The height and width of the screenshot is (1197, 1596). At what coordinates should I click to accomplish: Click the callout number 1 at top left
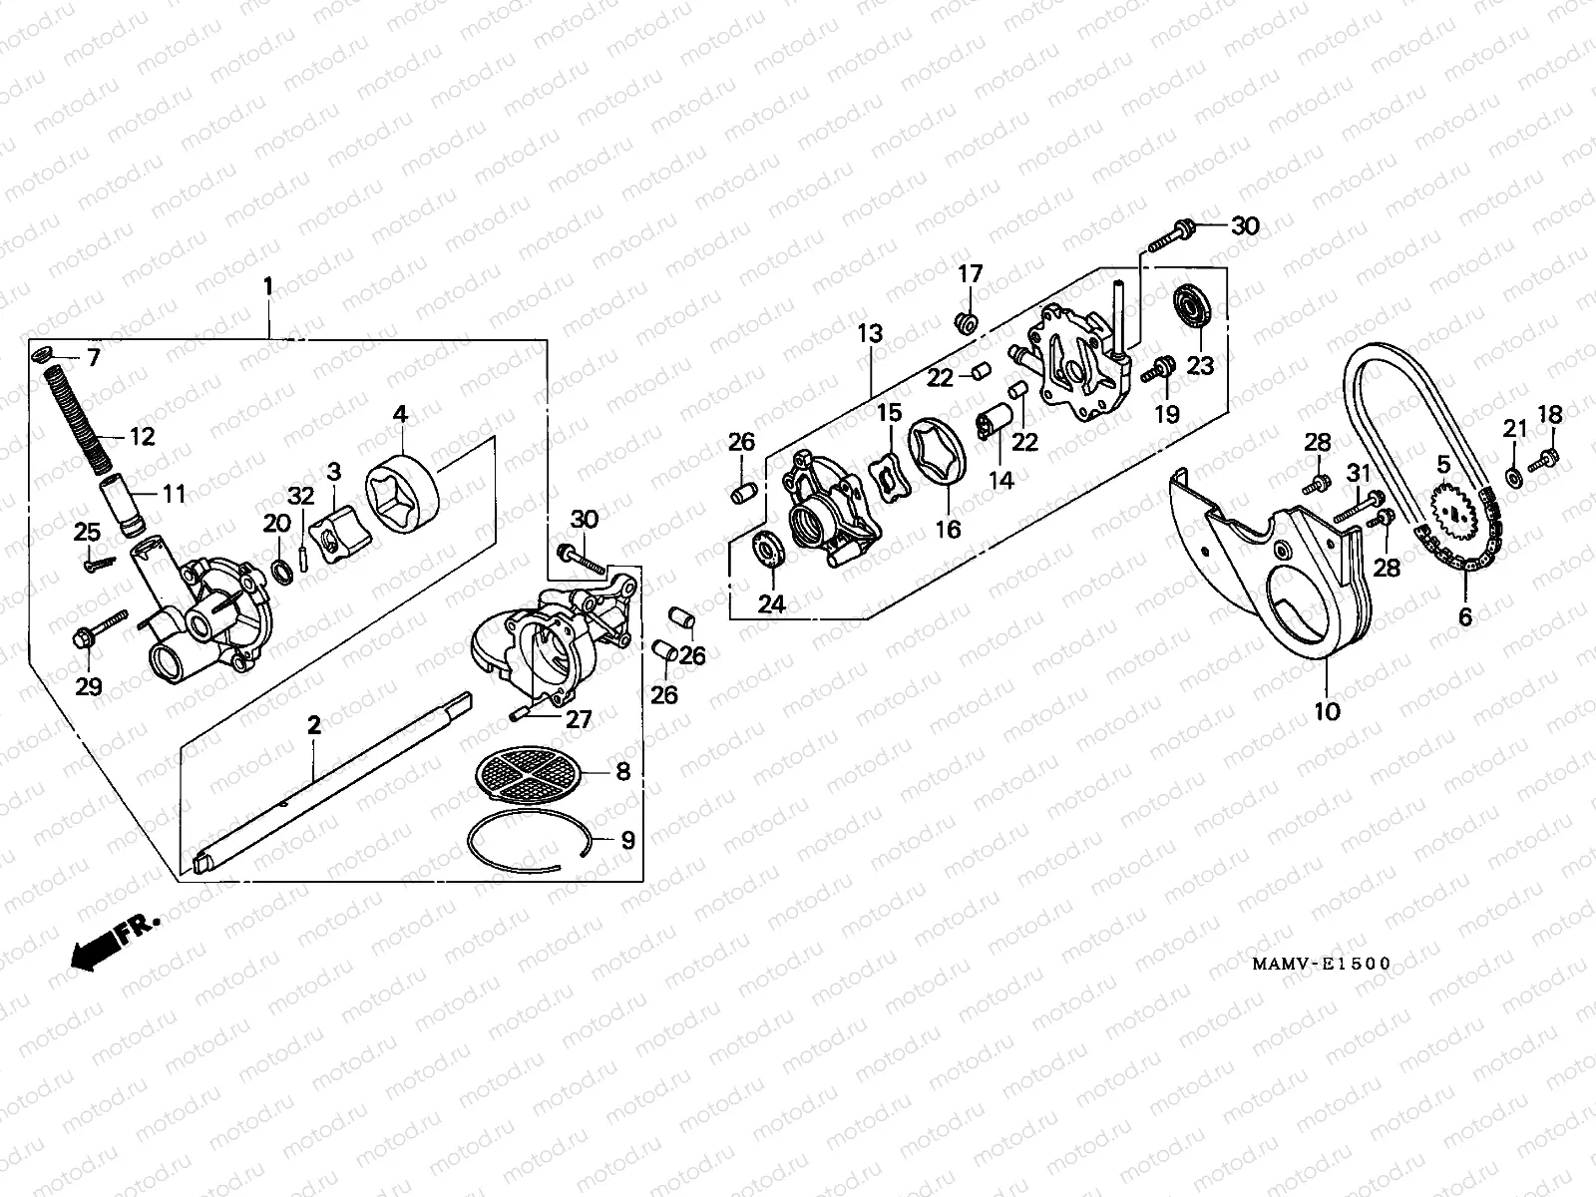(267, 286)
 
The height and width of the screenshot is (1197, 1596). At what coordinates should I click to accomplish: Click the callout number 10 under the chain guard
(1328, 711)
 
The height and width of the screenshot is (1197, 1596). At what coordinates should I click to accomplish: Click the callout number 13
(871, 334)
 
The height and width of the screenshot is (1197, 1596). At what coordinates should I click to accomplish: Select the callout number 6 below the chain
(1464, 617)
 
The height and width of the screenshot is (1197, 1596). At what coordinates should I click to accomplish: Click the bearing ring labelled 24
(768, 552)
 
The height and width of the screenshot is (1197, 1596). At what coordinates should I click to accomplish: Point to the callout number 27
(580, 719)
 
